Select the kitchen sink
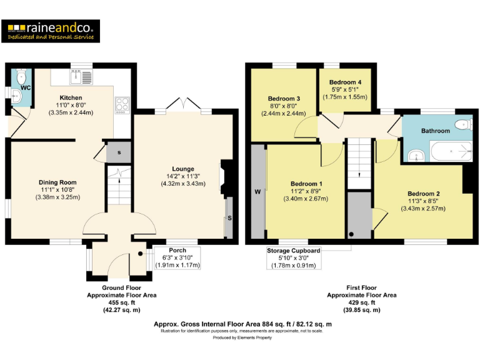(x=81, y=77)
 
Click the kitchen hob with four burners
(x=122, y=104)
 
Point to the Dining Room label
(x=57, y=182)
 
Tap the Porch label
(x=177, y=251)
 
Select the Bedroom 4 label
(x=345, y=82)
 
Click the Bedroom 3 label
(x=284, y=99)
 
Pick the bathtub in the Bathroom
(x=451, y=151)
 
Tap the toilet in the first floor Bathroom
(x=462, y=124)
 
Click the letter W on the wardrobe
(x=257, y=192)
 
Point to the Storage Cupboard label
(x=293, y=251)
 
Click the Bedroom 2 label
(x=423, y=194)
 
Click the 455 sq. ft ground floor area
(x=122, y=302)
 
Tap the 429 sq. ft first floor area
(x=362, y=302)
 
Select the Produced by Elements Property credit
(x=242, y=337)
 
